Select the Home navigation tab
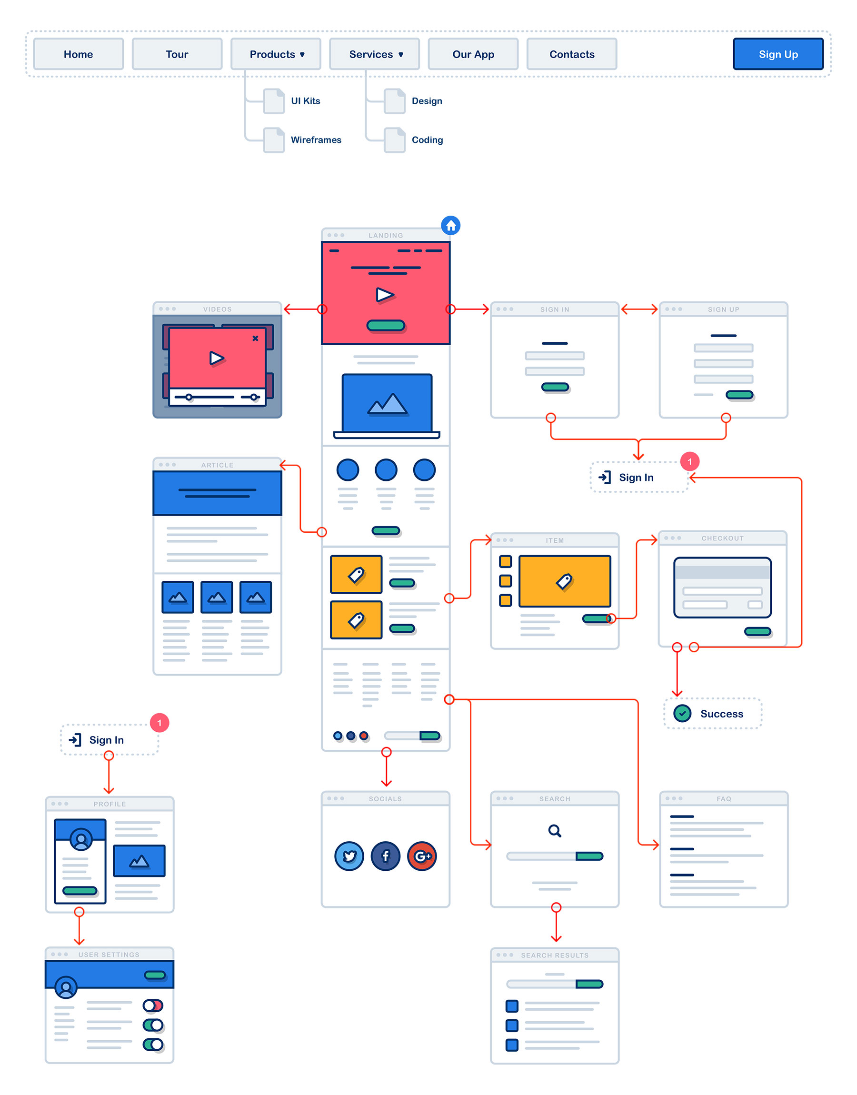pyautogui.click(x=78, y=54)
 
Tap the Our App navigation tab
pyautogui.click(x=473, y=54)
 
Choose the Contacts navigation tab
pyautogui.click(x=571, y=54)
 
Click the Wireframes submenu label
pyautogui.click(x=316, y=140)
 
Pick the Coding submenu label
pyautogui.click(x=427, y=140)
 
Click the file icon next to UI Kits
pyautogui.click(x=274, y=101)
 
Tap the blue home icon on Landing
pyautogui.click(x=450, y=226)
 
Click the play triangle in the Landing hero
pyautogui.click(x=385, y=294)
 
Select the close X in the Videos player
pyautogui.click(x=255, y=338)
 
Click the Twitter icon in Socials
pyautogui.click(x=349, y=856)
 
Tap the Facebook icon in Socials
pyautogui.click(x=385, y=856)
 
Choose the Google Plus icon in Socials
pyautogui.click(x=422, y=856)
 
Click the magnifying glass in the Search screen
pyautogui.click(x=555, y=831)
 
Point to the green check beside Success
pyautogui.click(x=682, y=713)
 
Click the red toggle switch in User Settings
pyautogui.click(x=153, y=1005)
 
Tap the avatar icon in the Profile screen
pyautogui.click(x=81, y=839)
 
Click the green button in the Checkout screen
pyautogui.click(x=757, y=631)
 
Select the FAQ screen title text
pyautogui.click(x=724, y=798)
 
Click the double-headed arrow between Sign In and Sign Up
pyautogui.click(x=639, y=309)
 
